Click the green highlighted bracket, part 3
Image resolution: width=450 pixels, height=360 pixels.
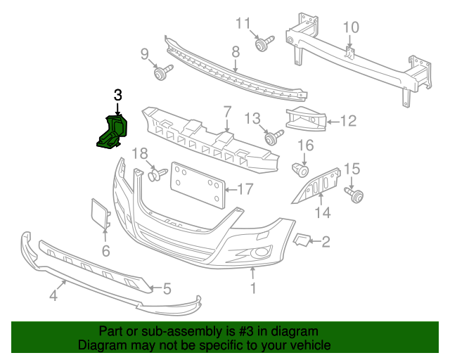[x=112, y=134]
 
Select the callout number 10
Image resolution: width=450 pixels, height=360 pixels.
[x=351, y=27]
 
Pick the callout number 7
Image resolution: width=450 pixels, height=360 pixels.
[x=228, y=111]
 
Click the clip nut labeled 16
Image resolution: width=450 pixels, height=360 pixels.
[x=302, y=169]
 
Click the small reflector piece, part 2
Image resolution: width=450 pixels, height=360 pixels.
[x=302, y=240]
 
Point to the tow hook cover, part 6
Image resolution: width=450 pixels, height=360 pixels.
[x=101, y=214]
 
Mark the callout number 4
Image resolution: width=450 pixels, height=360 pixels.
[x=53, y=297]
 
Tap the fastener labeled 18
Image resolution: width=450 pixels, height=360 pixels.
[x=157, y=173]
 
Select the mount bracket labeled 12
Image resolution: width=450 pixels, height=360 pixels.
[x=307, y=122]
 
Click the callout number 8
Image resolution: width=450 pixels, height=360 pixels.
[x=235, y=51]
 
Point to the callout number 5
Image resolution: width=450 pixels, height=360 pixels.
[x=167, y=288]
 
